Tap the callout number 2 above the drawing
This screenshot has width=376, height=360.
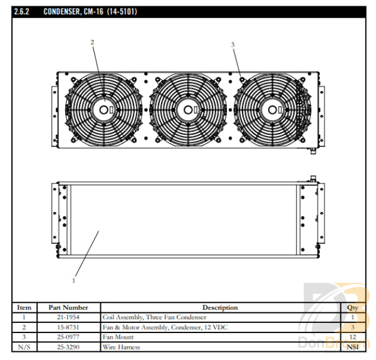coord(92,43)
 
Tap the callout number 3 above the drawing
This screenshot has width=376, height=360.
coord(232,45)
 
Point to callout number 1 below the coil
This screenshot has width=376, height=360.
coord(73,280)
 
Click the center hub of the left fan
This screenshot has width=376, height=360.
coord(103,110)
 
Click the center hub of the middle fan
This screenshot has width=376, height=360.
coord(187,110)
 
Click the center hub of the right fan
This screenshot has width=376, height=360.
coord(272,110)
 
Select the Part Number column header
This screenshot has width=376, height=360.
coord(68,307)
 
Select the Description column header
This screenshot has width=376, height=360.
coord(220,307)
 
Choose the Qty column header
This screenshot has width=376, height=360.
coord(352,307)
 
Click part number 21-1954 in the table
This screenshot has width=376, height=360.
coord(68,317)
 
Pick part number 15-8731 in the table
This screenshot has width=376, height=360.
coord(68,327)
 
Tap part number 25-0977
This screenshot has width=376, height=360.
coord(68,337)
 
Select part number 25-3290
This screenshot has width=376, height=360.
coord(68,347)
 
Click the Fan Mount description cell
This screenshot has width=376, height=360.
coord(118,337)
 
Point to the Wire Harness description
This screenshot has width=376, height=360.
coord(122,347)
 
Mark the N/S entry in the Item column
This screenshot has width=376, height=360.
coord(23,347)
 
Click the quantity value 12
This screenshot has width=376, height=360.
coord(352,337)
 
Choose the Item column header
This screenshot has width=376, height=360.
coord(23,307)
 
